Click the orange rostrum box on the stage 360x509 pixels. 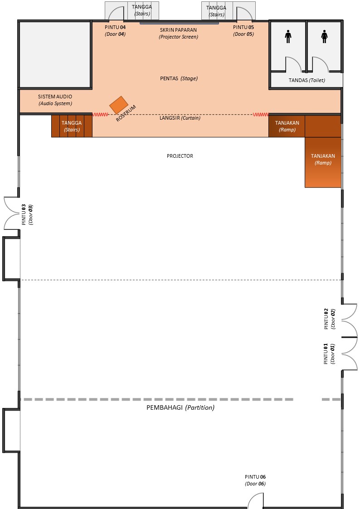(119, 105)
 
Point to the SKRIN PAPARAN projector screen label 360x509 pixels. (178, 33)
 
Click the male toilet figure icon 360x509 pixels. (288, 37)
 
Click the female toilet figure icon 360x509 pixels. (324, 37)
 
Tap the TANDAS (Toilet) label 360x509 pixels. (307, 80)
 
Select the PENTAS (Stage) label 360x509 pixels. (178, 78)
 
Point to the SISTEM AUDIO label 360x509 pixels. (55, 100)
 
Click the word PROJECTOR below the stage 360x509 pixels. (180, 156)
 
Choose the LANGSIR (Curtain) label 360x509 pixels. (180, 118)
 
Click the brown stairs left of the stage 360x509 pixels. (72, 126)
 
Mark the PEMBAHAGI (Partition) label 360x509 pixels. (180, 407)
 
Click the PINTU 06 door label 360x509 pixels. (255, 480)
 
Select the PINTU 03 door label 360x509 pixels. (27, 215)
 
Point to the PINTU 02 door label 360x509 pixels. (329, 318)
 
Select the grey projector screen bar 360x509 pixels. (179, 22)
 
